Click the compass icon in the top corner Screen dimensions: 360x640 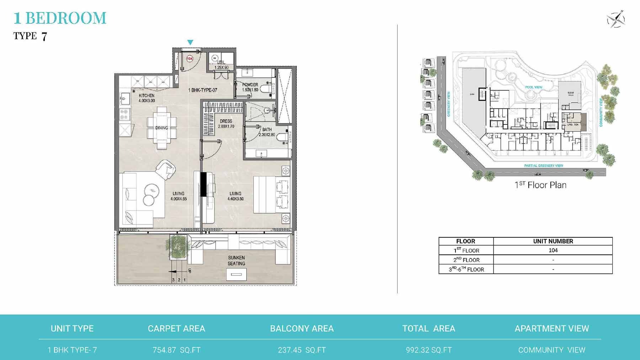click(x=616, y=19)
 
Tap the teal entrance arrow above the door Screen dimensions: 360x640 click(x=190, y=42)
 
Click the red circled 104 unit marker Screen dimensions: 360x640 click(x=190, y=59)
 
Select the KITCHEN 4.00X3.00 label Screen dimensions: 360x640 click(x=146, y=98)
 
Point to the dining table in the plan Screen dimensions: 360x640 click(x=162, y=128)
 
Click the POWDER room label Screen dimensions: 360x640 click(x=250, y=87)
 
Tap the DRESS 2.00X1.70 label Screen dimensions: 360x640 click(x=226, y=124)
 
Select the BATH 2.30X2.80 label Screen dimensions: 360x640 click(x=267, y=132)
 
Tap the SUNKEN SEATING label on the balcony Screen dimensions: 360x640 click(x=236, y=260)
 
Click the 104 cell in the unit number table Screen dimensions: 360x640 click(x=553, y=250)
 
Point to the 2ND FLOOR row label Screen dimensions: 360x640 click(x=466, y=260)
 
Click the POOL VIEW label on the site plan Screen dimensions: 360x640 click(x=533, y=87)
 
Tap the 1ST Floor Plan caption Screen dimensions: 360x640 click(x=540, y=185)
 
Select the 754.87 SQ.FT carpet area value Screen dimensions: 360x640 click(x=176, y=350)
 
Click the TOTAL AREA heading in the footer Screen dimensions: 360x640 click(x=428, y=328)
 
